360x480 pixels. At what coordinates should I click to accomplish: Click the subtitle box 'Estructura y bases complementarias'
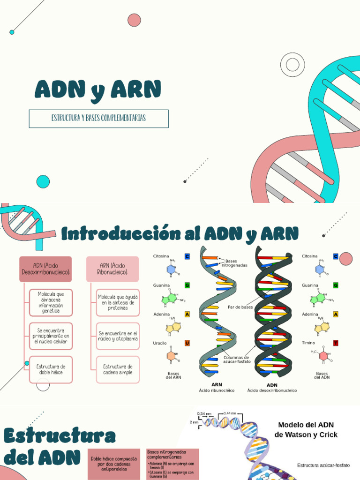coord(98,119)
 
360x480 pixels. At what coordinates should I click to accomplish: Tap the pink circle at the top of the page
coord(134,20)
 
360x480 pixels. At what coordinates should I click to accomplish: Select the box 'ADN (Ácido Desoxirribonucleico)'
coord(45,269)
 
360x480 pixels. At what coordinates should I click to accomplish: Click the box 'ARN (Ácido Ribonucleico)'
coord(112,269)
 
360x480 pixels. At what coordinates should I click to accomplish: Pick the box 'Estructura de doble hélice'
coord(51,369)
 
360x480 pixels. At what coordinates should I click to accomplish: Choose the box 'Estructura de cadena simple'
coord(118,369)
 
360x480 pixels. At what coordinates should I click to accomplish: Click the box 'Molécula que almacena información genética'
coord(51,302)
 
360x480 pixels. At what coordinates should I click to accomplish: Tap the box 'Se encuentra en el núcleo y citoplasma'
coord(118,336)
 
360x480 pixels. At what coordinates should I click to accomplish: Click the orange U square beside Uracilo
coord(187,343)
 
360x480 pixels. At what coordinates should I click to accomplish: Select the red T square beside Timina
coord(336,343)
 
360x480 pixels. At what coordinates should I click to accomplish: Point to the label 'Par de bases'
coord(240,307)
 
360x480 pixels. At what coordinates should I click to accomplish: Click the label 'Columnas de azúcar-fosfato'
coord(237,360)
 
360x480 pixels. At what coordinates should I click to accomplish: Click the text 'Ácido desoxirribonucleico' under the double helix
coord(272,390)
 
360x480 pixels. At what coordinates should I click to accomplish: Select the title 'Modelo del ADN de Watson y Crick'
coord(306,430)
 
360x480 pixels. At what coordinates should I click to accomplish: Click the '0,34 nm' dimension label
coord(204,413)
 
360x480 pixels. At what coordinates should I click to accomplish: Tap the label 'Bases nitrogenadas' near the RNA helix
coord(236,263)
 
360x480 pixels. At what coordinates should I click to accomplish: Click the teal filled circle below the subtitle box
coord(43,181)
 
